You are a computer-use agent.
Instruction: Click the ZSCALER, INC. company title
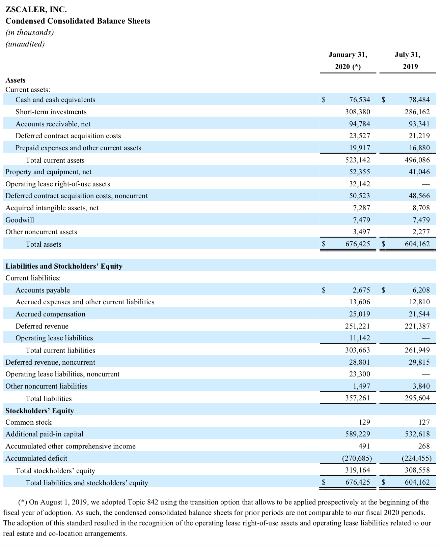[36, 9]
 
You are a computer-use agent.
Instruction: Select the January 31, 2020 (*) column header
[348, 60]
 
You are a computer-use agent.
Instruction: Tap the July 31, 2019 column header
[408, 60]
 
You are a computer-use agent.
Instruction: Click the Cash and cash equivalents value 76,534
[359, 100]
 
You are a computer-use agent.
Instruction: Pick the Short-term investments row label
[51, 112]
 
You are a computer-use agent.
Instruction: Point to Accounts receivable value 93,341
[419, 124]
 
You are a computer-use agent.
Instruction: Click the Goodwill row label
[20, 220]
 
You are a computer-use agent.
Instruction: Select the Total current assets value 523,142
[357, 160]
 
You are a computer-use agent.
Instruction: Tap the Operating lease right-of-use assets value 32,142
[359, 184]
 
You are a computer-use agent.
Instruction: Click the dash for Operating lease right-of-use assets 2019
[426, 184]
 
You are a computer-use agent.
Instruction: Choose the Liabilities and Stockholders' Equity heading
[64, 266]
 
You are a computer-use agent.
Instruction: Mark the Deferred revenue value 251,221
[357, 326]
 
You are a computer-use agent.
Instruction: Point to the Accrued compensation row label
[51, 314]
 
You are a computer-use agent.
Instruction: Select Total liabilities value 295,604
[417, 398]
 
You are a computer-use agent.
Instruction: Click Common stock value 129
[364, 422]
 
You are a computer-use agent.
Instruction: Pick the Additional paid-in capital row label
[44, 434]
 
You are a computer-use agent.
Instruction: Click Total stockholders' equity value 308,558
[417, 470]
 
